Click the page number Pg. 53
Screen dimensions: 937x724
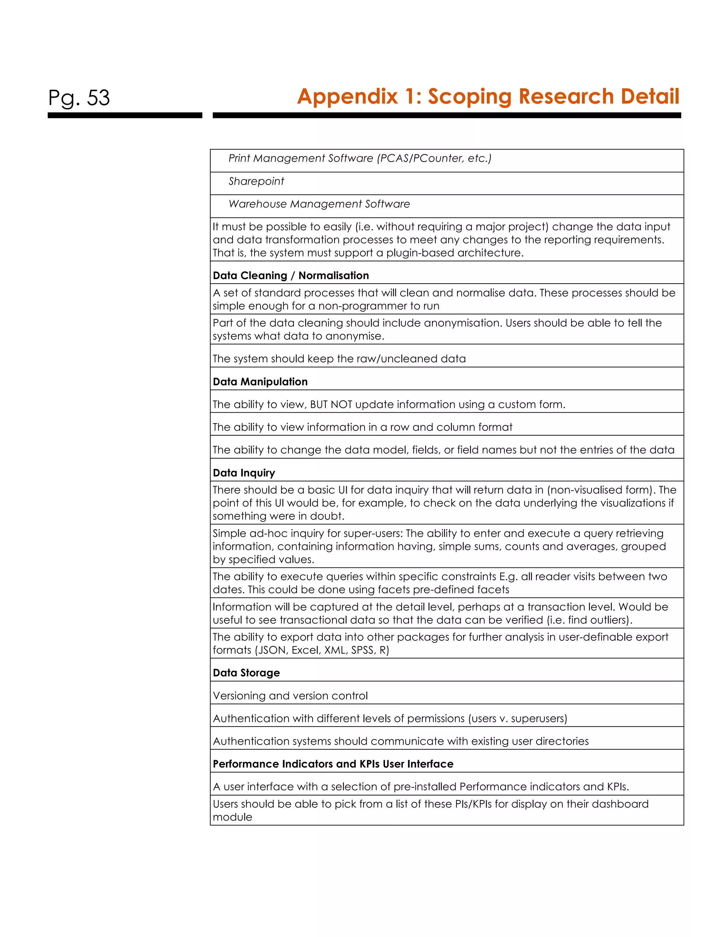click(79, 98)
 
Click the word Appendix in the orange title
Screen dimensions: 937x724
click(348, 96)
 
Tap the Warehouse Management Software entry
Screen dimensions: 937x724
click(319, 204)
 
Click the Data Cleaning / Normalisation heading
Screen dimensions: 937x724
click(291, 275)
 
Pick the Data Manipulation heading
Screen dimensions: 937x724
click(260, 382)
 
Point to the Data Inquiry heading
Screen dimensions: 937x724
click(244, 473)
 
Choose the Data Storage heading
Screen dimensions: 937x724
click(246, 673)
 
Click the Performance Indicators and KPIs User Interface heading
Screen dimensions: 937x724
click(333, 764)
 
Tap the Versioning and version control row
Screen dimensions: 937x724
click(290, 696)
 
